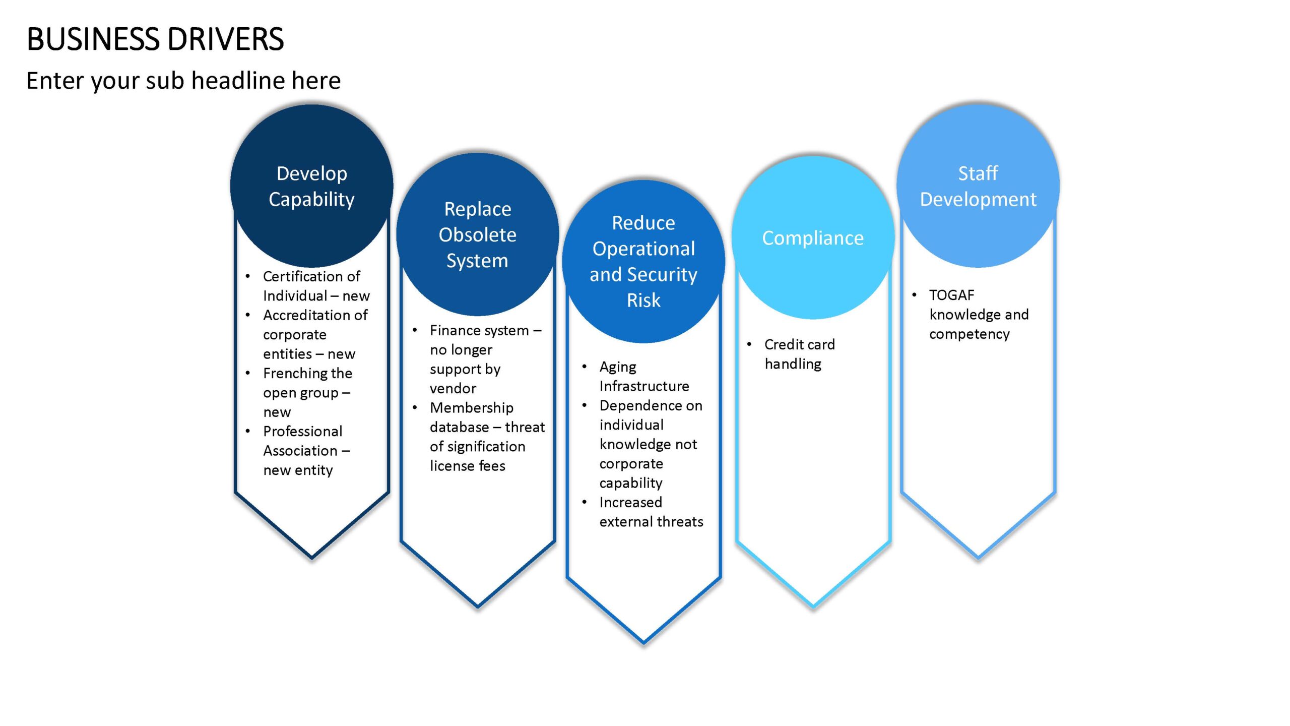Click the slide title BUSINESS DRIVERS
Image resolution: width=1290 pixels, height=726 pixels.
[155, 39]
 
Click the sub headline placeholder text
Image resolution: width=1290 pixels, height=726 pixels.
[183, 81]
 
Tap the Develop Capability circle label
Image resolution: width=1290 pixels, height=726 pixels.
[312, 186]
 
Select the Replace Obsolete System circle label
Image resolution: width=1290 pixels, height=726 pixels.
[478, 234]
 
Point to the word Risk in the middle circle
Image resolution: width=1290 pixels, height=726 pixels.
[643, 300]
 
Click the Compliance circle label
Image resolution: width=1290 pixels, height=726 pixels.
[813, 238]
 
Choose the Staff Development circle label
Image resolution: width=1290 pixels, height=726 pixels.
[978, 186]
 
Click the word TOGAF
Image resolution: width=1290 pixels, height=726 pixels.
[952, 295]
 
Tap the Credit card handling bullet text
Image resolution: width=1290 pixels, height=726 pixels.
[800, 354]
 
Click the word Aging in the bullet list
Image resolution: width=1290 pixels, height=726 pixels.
[618, 367]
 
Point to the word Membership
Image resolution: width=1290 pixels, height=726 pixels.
[472, 408]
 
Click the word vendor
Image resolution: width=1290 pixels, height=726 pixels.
[453, 389]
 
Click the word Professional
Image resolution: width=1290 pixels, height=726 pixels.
[302, 432]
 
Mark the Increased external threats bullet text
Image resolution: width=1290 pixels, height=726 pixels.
[651, 512]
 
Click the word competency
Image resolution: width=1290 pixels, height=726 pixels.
[970, 334]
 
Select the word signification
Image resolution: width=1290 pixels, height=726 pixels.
[486, 447]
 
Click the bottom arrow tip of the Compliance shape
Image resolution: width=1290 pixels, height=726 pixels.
[813, 606]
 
